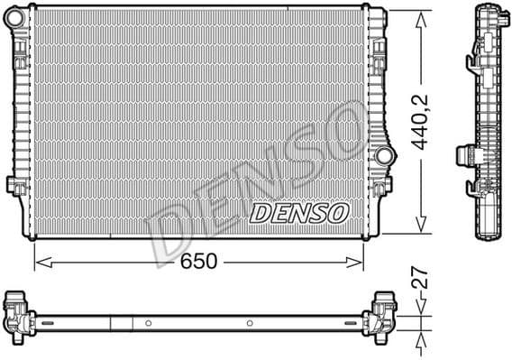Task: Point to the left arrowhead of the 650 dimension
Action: coord(39,262)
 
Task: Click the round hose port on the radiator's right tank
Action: coord(386,154)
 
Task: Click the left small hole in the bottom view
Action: coord(146,321)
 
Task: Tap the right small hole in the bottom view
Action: coord(250,321)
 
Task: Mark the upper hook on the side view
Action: coord(471,62)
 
